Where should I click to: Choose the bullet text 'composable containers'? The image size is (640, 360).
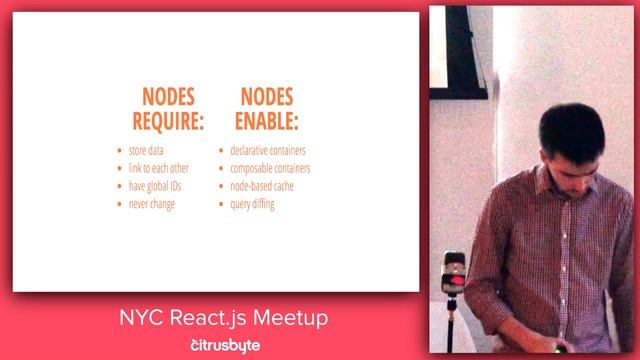click(x=270, y=169)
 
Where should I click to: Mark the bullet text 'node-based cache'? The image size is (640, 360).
click(x=262, y=186)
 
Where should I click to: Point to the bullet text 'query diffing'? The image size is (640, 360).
click(x=252, y=204)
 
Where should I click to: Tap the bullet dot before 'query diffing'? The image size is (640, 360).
click(x=221, y=205)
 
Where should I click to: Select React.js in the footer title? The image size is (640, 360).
click(x=208, y=320)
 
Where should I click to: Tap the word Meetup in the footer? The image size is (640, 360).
click(x=290, y=319)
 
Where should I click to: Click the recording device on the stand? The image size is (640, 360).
click(x=454, y=273)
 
